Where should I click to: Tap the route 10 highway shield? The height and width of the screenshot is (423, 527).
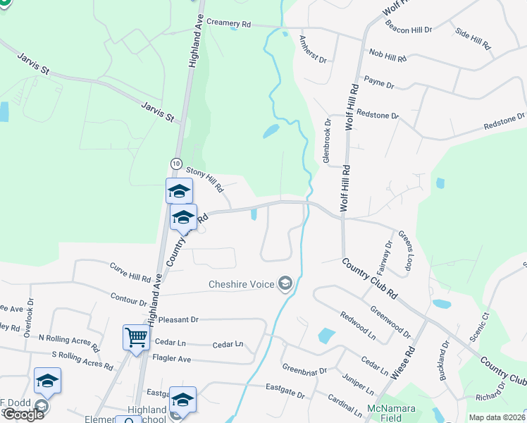click(175, 164)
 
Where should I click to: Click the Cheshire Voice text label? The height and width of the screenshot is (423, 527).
click(242, 285)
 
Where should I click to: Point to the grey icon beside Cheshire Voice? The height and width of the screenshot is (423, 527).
click(285, 284)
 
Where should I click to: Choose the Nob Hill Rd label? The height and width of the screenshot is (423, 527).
click(388, 56)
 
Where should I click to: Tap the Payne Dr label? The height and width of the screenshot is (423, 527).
click(379, 82)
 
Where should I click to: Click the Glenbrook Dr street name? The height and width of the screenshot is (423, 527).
click(327, 141)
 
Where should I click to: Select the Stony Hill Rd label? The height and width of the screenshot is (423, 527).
click(204, 179)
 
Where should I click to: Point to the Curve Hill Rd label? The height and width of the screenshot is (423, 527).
click(130, 272)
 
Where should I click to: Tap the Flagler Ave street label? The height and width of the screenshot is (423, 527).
click(172, 359)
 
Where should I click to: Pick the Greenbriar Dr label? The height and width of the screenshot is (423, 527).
click(304, 370)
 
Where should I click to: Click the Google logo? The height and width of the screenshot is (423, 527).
click(23, 414)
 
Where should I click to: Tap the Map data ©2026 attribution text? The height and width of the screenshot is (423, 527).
click(496, 417)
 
